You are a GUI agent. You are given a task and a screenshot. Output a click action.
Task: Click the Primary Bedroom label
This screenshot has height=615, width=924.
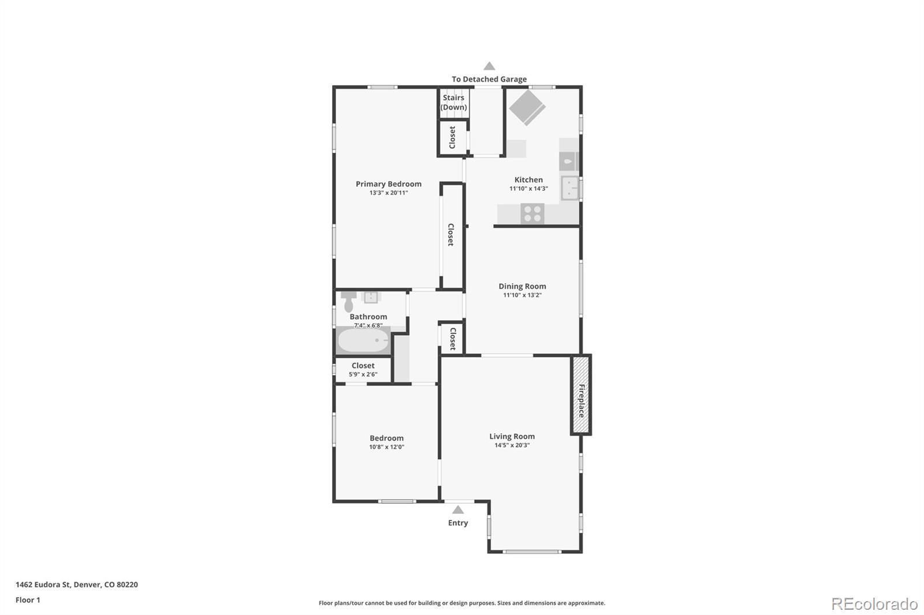point(388,184)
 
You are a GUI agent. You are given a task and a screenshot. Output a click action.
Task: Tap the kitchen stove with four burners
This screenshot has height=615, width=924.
point(532,213)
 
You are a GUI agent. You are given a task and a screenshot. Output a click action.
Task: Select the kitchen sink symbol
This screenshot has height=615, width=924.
point(569,188)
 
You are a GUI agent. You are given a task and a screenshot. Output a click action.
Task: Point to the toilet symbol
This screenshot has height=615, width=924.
point(348,302)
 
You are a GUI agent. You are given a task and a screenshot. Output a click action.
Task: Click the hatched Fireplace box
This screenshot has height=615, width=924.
point(581,395)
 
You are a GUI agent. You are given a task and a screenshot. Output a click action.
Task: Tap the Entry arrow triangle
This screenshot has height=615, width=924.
point(458,510)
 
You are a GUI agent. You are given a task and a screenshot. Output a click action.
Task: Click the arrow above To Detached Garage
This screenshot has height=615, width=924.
point(489,66)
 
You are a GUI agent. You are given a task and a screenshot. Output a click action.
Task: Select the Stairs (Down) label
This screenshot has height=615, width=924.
point(453,103)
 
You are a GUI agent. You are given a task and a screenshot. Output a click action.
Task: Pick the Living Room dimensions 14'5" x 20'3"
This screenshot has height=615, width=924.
point(512,445)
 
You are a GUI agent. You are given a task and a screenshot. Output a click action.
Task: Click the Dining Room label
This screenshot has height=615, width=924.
point(522,286)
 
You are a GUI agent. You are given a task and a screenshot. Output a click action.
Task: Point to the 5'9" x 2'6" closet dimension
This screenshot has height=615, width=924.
point(363,374)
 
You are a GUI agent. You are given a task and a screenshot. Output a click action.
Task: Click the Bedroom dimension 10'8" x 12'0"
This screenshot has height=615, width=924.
point(386,447)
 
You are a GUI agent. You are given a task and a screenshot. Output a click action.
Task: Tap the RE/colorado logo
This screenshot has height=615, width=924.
point(874,603)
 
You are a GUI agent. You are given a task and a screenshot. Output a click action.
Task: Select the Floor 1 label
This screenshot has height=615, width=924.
point(28,600)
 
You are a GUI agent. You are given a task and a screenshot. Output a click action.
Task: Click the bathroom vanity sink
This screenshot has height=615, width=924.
point(370,297)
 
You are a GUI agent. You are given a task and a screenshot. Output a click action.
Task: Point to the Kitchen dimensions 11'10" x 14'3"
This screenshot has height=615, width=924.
point(528,189)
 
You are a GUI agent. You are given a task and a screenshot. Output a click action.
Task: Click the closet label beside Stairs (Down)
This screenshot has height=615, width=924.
point(452,137)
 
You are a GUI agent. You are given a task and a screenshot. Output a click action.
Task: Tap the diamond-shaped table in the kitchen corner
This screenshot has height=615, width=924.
point(526,107)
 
